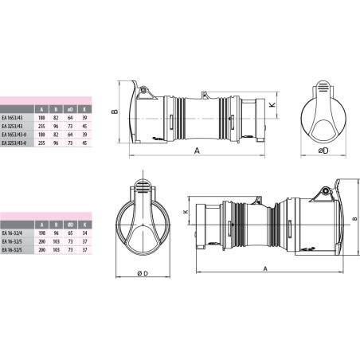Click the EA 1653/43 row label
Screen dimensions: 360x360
13,117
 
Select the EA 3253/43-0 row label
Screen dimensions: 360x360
14,143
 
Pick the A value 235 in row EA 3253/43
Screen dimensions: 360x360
41,126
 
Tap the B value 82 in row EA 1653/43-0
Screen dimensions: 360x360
55,135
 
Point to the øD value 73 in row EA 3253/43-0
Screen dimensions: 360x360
71,143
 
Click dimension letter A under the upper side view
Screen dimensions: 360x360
196,148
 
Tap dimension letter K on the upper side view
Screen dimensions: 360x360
272,104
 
